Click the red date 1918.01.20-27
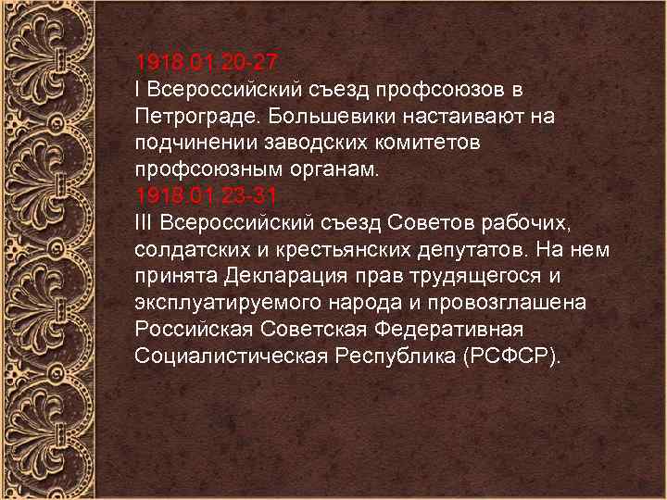point(205,63)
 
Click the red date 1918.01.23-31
point(205,196)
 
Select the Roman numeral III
point(145,223)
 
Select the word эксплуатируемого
point(223,304)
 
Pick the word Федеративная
point(444,330)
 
